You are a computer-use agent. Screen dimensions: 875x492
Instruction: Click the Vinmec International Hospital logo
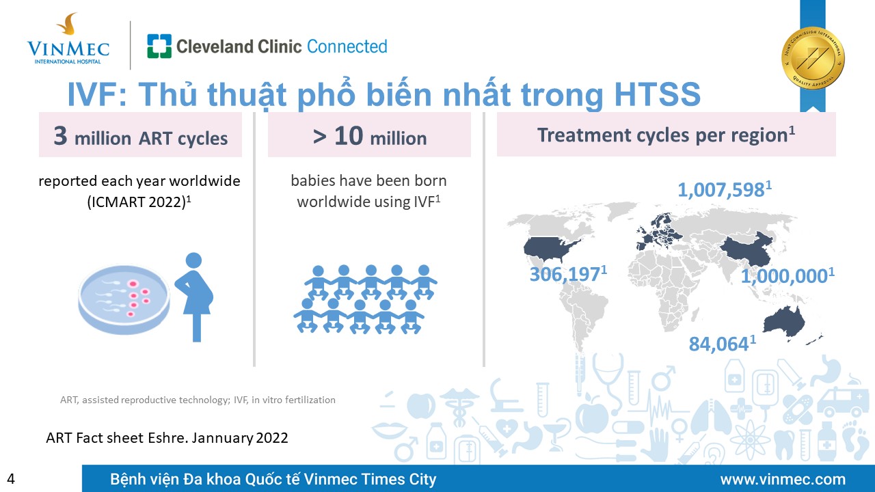click(x=68, y=39)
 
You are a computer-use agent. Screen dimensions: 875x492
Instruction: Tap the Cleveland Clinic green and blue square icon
click(x=159, y=46)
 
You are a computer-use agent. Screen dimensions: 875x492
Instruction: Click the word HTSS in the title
click(x=658, y=94)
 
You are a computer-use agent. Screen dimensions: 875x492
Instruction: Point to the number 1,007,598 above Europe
click(x=721, y=190)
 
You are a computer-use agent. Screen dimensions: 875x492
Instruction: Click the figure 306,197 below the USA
click(x=565, y=274)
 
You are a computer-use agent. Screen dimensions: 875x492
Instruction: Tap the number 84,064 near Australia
click(x=718, y=344)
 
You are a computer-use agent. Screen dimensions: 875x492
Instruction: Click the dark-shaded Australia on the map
click(x=784, y=323)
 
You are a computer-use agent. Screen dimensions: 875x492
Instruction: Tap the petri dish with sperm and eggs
click(x=124, y=299)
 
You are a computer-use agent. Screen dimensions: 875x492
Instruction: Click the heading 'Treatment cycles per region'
click(x=666, y=135)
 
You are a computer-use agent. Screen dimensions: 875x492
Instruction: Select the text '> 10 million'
click(x=370, y=136)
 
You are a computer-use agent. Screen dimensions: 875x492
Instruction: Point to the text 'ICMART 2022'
click(x=136, y=202)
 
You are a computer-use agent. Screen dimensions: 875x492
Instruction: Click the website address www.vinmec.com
click(x=783, y=479)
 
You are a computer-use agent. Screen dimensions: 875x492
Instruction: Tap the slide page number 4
click(x=11, y=479)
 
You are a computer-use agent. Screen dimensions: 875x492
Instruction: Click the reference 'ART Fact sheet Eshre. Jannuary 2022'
click(x=167, y=438)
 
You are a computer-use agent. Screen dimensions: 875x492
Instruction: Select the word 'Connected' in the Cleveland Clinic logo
click(x=347, y=46)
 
